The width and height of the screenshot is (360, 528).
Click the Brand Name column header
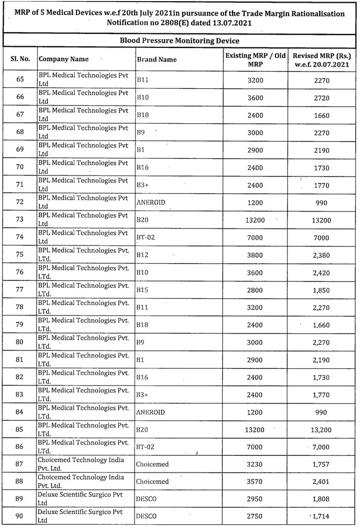click(x=157, y=60)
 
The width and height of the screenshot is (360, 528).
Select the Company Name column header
click(x=63, y=59)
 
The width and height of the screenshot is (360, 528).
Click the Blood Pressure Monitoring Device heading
click(x=179, y=40)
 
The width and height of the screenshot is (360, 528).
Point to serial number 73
click(x=20, y=220)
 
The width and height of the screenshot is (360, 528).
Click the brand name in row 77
click(x=143, y=290)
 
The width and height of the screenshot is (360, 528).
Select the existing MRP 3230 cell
click(x=255, y=464)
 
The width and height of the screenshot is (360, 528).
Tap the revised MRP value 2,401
click(x=322, y=482)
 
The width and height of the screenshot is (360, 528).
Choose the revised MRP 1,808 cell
click(x=322, y=499)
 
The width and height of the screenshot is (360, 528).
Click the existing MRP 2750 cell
click(x=255, y=517)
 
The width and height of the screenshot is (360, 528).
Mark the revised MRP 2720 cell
click(x=322, y=97)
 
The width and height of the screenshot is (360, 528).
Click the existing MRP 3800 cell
click(x=255, y=255)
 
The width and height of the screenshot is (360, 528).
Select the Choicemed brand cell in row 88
click(x=152, y=482)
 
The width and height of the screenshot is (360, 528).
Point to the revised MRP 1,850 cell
click(x=322, y=290)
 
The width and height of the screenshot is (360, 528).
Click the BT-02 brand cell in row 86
click(x=146, y=447)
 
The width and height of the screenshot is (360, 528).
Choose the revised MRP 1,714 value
click(x=322, y=517)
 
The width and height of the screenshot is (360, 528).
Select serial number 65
click(x=20, y=80)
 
